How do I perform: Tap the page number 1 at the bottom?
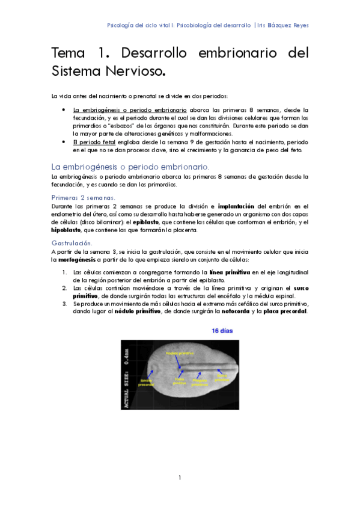(x=180, y=478)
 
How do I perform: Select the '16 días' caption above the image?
(x=222, y=331)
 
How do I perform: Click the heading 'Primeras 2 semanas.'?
(x=84, y=197)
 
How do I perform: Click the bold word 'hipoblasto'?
(x=67, y=230)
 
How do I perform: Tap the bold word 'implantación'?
(x=239, y=206)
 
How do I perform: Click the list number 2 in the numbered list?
(x=64, y=288)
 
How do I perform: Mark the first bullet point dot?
(x=64, y=111)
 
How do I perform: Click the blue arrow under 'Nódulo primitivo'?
(x=179, y=363)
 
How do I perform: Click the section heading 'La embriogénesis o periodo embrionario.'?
(x=130, y=165)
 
